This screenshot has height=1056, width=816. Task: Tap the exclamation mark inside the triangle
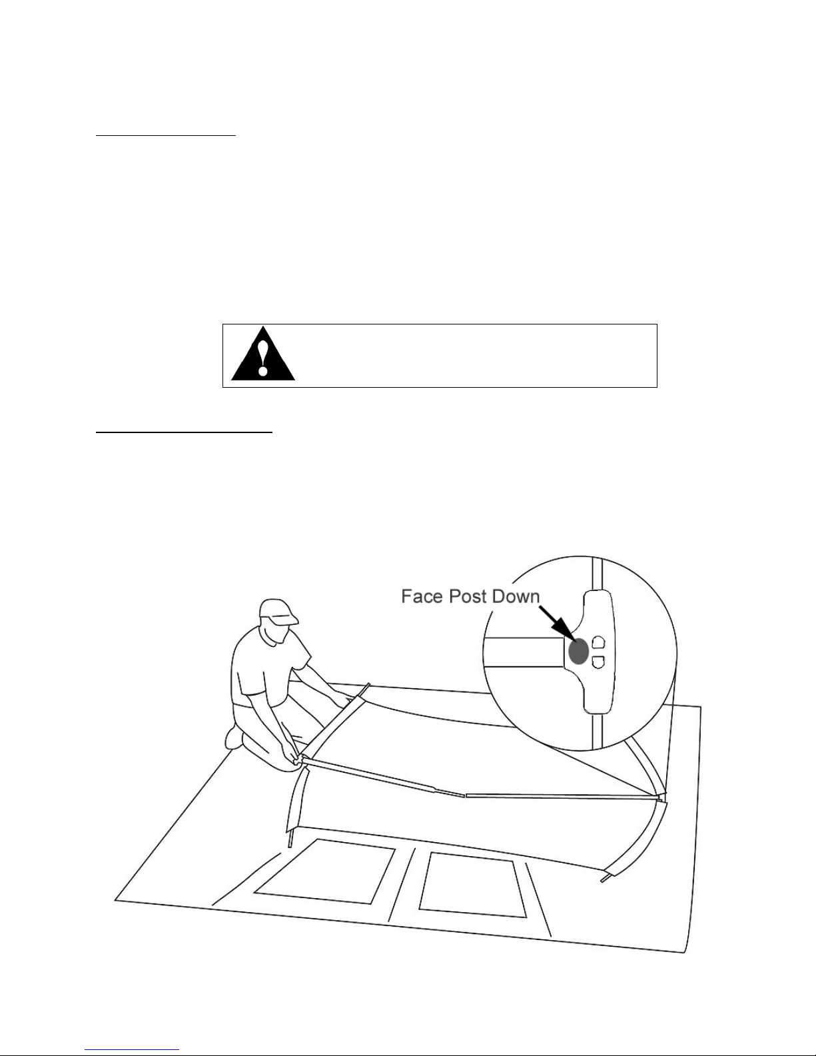[x=264, y=358]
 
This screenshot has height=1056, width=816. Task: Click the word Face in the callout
[x=421, y=596]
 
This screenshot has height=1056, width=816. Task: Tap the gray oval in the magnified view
[x=578, y=651]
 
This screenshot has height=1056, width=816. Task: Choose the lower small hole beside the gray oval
[x=598, y=662]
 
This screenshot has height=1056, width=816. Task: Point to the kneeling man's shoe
[x=234, y=736]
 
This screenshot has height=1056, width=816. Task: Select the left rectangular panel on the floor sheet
[x=322, y=870]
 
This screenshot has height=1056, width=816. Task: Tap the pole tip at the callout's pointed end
[x=659, y=795]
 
